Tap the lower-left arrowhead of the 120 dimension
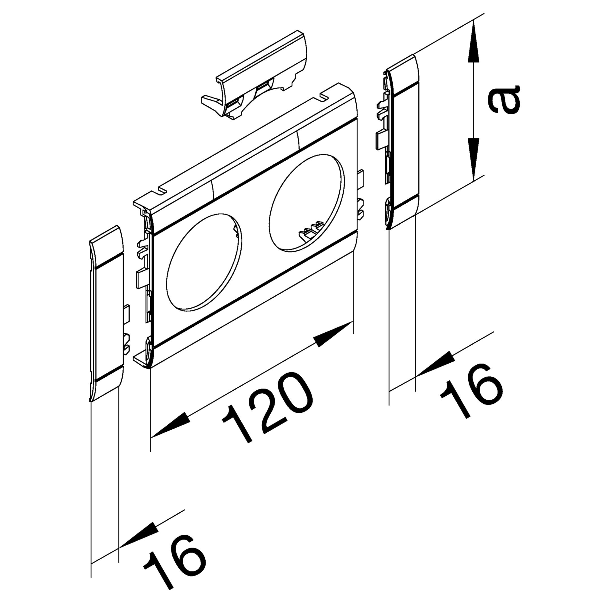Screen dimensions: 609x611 (171, 427)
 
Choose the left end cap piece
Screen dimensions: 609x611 (106, 313)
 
